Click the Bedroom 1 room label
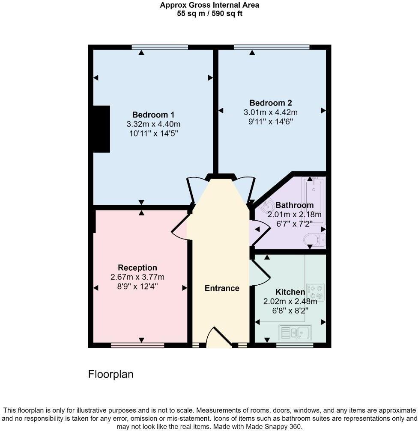pyautogui.click(x=153, y=115)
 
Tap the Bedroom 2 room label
pyautogui.click(x=270, y=103)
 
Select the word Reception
pyautogui.click(x=137, y=268)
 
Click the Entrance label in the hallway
pyautogui.click(x=222, y=288)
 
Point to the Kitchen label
pyautogui.click(x=290, y=292)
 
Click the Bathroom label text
pyautogui.click(x=294, y=205)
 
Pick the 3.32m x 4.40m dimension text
pyautogui.click(x=153, y=124)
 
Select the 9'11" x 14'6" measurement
pyautogui.click(x=270, y=121)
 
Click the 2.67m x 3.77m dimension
pyautogui.click(x=137, y=277)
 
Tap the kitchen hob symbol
pyautogui.click(x=315, y=292)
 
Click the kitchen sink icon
pyautogui.click(x=295, y=332)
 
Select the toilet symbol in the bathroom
pyautogui.click(x=315, y=239)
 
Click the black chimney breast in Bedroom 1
pyautogui.click(x=102, y=129)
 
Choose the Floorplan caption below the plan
pyautogui.click(x=110, y=375)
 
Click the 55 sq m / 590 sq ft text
pyautogui.click(x=209, y=13)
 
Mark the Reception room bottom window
pyautogui.click(x=137, y=345)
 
